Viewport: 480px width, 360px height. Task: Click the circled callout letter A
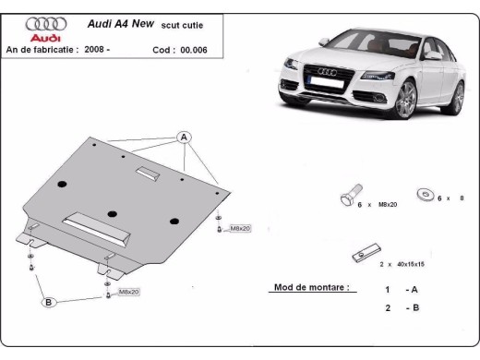[x=184, y=138]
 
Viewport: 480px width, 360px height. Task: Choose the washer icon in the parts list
[x=426, y=195]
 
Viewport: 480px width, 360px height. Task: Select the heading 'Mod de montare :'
[x=311, y=287]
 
